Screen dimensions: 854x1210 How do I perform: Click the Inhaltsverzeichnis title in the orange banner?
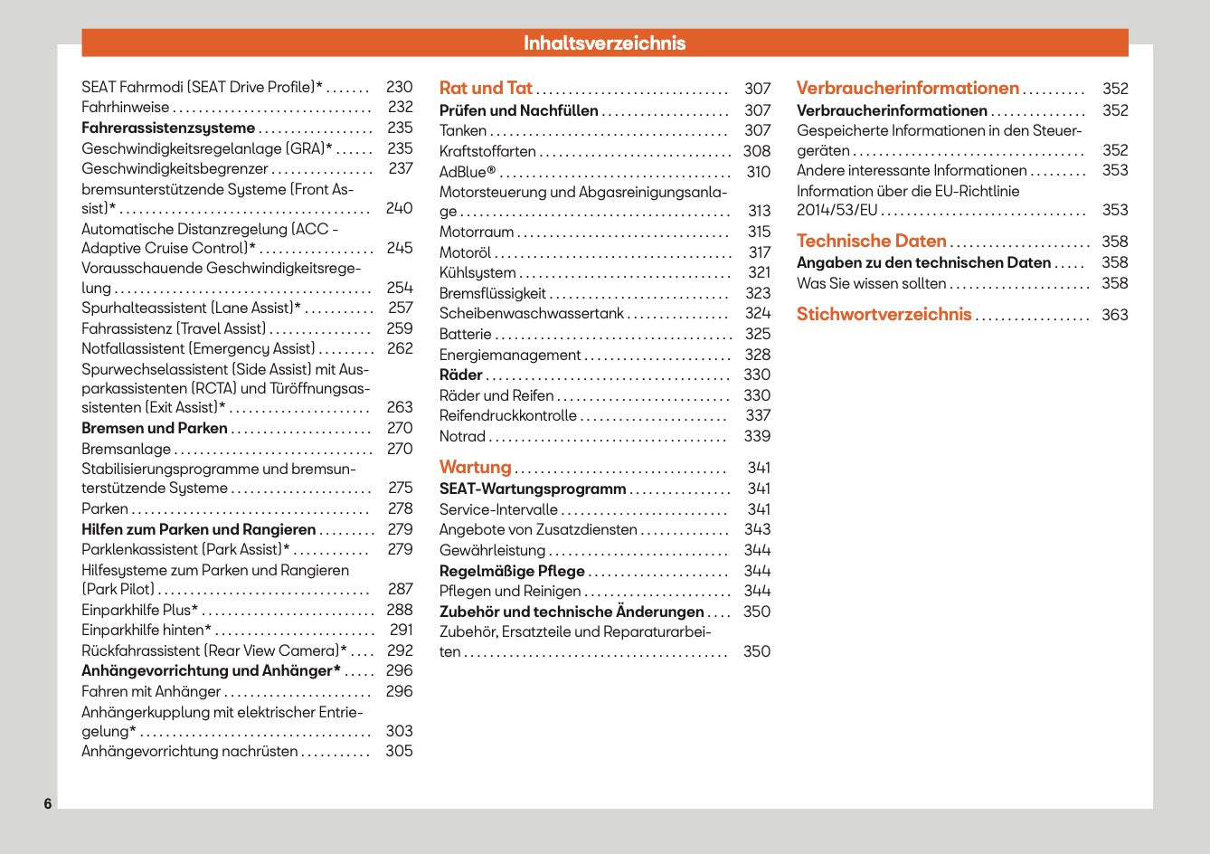(604, 43)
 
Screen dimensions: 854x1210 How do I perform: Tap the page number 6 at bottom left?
(48, 803)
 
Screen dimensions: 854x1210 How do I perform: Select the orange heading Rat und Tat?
(486, 88)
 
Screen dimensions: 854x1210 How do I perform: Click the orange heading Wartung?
(475, 467)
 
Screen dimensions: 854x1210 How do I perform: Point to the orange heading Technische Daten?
(871, 241)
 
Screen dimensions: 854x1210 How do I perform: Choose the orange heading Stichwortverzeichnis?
(884, 314)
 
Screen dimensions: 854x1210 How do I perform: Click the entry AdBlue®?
(468, 172)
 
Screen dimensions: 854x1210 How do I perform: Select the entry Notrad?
(462, 436)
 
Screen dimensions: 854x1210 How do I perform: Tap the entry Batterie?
(465, 334)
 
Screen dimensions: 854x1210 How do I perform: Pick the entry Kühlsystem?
(477, 272)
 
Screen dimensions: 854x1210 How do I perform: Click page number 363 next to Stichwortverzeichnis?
(1114, 315)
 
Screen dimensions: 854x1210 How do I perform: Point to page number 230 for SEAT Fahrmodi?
(399, 87)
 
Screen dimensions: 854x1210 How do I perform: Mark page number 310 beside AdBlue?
(758, 172)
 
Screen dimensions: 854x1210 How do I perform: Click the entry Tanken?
(463, 130)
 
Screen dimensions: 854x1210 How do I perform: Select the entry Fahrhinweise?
(125, 107)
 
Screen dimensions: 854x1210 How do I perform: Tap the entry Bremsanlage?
(126, 449)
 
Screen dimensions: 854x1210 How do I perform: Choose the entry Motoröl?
(465, 252)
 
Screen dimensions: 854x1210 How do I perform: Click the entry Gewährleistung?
(492, 550)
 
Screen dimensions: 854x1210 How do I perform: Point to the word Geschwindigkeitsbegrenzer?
(175, 168)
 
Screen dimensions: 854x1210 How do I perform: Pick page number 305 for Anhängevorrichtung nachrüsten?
(399, 751)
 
